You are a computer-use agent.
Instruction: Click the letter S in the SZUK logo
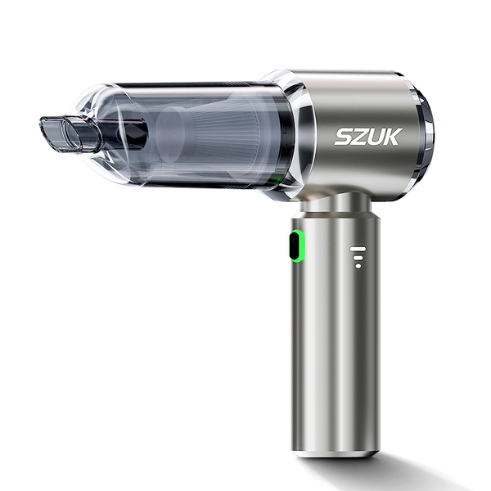pos(345,137)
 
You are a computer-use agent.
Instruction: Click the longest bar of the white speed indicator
pos(358,249)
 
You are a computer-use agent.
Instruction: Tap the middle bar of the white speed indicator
pos(358,258)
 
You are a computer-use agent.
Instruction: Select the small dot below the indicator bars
pos(358,266)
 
